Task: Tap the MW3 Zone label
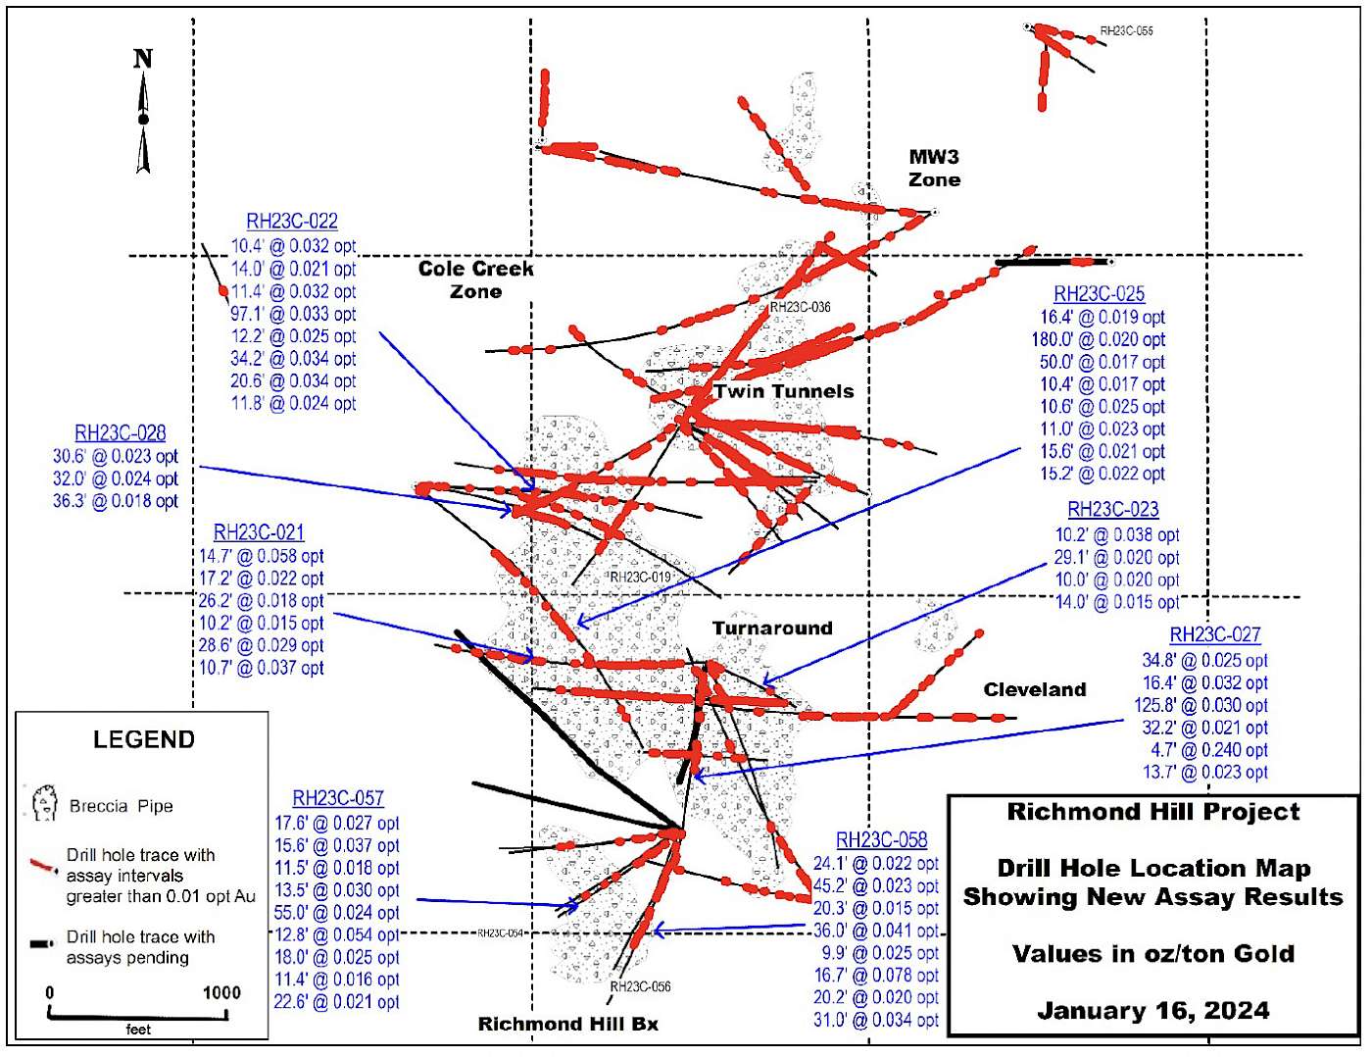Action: tap(934, 168)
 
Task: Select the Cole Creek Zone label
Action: tap(476, 279)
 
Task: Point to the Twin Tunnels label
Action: tap(784, 391)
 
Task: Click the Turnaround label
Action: tap(772, 629)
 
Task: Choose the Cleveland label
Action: tap(1035, 689)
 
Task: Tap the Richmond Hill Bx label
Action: tap(567, 1024)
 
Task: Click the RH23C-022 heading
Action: tap(292, 223)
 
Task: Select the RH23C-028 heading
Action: tap(121, 433)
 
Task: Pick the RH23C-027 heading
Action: tap(1215, 635)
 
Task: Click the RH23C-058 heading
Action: tap(881, 840)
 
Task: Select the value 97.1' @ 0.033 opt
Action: tap(293, 314)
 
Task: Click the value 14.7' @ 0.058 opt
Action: tap(261, 556)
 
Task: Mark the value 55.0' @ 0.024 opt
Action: tap(336, 913)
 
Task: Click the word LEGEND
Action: tap(144, 739)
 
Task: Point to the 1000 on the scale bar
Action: tap(221, 992)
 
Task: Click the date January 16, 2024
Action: tap(1152, 1011)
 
